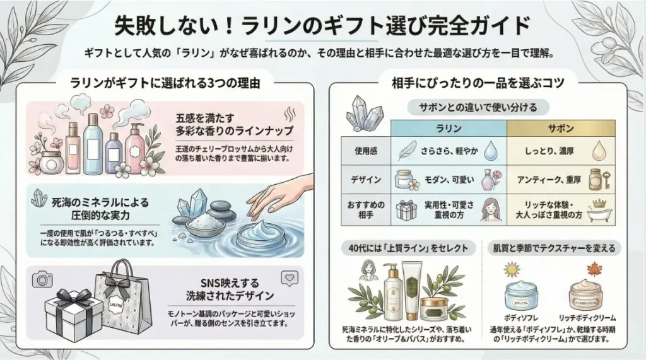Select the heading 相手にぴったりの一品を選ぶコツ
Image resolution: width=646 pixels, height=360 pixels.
pos(478,82)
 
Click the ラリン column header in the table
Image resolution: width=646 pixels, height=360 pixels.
pos(449,127)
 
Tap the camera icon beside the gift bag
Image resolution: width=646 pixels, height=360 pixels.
pos(43,279)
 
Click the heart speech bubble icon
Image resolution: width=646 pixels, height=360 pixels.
pos(288,278)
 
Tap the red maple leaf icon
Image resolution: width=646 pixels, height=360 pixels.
pos(594,270)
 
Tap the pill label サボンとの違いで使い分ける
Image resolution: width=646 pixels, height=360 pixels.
pos(478,107)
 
